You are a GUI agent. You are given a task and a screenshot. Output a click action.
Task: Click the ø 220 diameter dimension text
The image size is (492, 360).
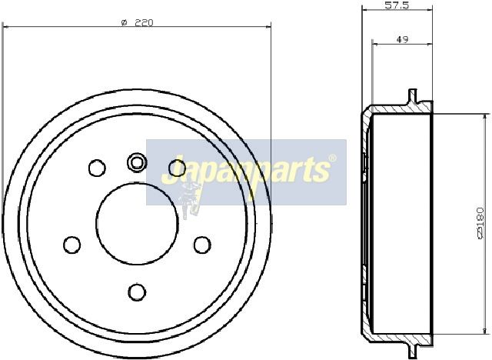coord(137,22)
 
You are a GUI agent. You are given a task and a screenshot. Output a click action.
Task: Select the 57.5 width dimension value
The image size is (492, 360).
coord(397,5)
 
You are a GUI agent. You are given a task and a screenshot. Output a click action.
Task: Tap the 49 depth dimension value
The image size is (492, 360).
coord(402,39)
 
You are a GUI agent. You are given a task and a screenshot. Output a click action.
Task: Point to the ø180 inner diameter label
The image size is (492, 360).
coord(480,223)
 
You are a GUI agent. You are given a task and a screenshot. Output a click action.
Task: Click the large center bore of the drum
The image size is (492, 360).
coord(137,223)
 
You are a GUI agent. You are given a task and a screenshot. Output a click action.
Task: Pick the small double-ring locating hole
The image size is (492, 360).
coord(137,162)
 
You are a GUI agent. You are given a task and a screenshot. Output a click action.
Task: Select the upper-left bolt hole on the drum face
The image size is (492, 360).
coord(97,168)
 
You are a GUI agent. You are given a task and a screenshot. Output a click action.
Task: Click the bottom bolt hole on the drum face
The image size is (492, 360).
coord(137,292)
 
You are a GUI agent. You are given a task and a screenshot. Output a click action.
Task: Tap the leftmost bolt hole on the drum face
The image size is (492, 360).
coord(71,245)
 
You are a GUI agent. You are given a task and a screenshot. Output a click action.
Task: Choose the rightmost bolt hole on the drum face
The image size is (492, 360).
coord(202,245)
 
